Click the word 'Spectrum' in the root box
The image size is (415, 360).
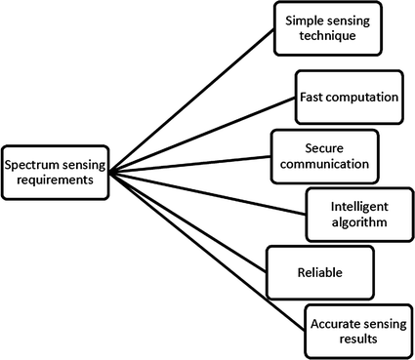31,166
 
